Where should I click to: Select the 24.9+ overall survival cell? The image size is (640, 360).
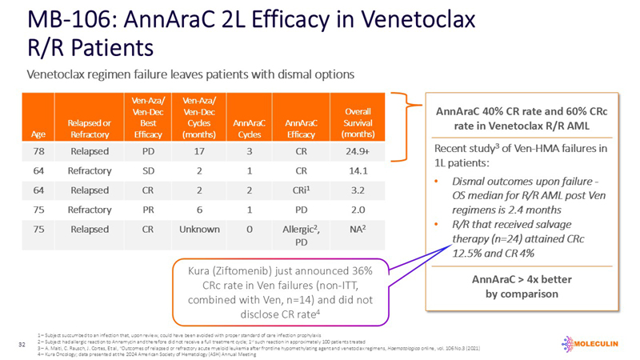pyautogui.click(x=370, y=150)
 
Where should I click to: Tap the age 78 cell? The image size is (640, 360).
pyautogui.click(x=38, y=150)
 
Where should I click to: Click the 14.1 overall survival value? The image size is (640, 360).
pyautogui.click(x=370, y=170)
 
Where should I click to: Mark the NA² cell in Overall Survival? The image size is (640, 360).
pyautogui.click(x=370, y=229)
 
